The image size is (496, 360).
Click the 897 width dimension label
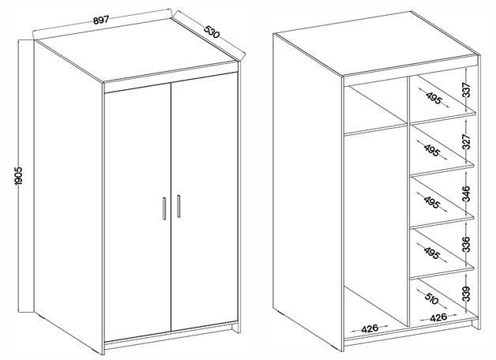[x=101, y=20]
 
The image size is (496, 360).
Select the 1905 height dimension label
[x=19, y=176]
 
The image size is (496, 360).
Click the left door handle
[x=163, y=208]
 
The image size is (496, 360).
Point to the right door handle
[x=178, y=206]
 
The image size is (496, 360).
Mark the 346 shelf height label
[x=467, y=193]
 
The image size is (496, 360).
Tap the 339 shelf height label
[x=467, y=294]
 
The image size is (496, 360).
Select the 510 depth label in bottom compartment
[x=432, y=298]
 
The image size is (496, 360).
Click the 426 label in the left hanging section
[x=370, y=328]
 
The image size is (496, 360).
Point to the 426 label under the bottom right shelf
[x=438, y=317]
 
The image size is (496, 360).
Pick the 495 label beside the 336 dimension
[x=432, y=252]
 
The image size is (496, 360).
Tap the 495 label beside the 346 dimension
[x=432, y=202]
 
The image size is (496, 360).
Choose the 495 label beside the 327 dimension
[x=432, y=151]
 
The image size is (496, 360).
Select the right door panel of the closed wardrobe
[x=205, y=201]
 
